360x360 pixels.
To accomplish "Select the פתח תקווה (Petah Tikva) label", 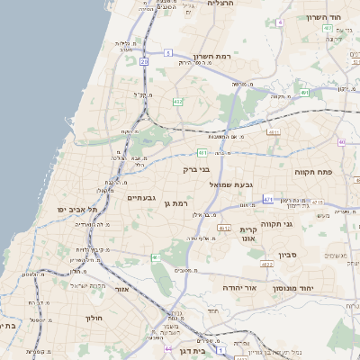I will [314, 170].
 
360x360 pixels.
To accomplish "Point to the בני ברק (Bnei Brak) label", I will [195, 168].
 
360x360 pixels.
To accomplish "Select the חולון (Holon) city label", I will [95, 318].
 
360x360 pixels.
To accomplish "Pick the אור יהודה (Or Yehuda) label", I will [240, 287].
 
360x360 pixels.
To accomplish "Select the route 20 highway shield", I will [144, 61].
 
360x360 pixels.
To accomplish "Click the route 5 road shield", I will [168, 53].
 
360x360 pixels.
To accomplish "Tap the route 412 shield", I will [178, 102].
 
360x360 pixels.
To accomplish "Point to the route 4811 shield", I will [272, 131].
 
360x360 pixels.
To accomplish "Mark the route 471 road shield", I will [267, 199].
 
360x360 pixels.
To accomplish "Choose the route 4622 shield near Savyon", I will [266, 265].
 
